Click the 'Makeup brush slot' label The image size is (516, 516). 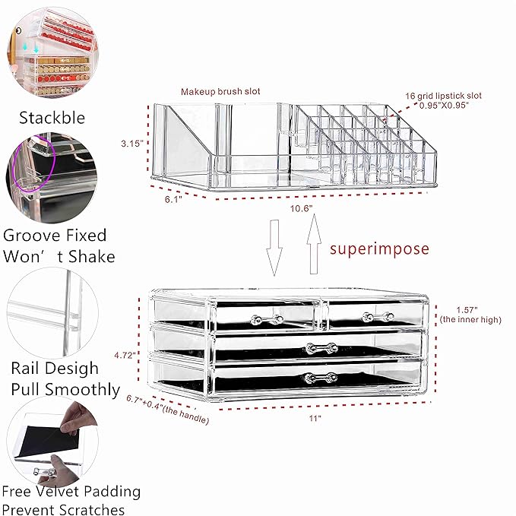[220, 91]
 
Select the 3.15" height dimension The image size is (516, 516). [132, 142]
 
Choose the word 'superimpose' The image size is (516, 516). [378, 249]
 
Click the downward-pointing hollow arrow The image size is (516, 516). [274, 247]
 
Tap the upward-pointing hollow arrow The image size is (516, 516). [312, 245]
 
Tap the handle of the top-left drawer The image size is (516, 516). [264, 319]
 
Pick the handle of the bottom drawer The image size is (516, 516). [319, 378]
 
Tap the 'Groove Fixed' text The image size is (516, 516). [54, 236]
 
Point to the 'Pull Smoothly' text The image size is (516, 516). [65, 390]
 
